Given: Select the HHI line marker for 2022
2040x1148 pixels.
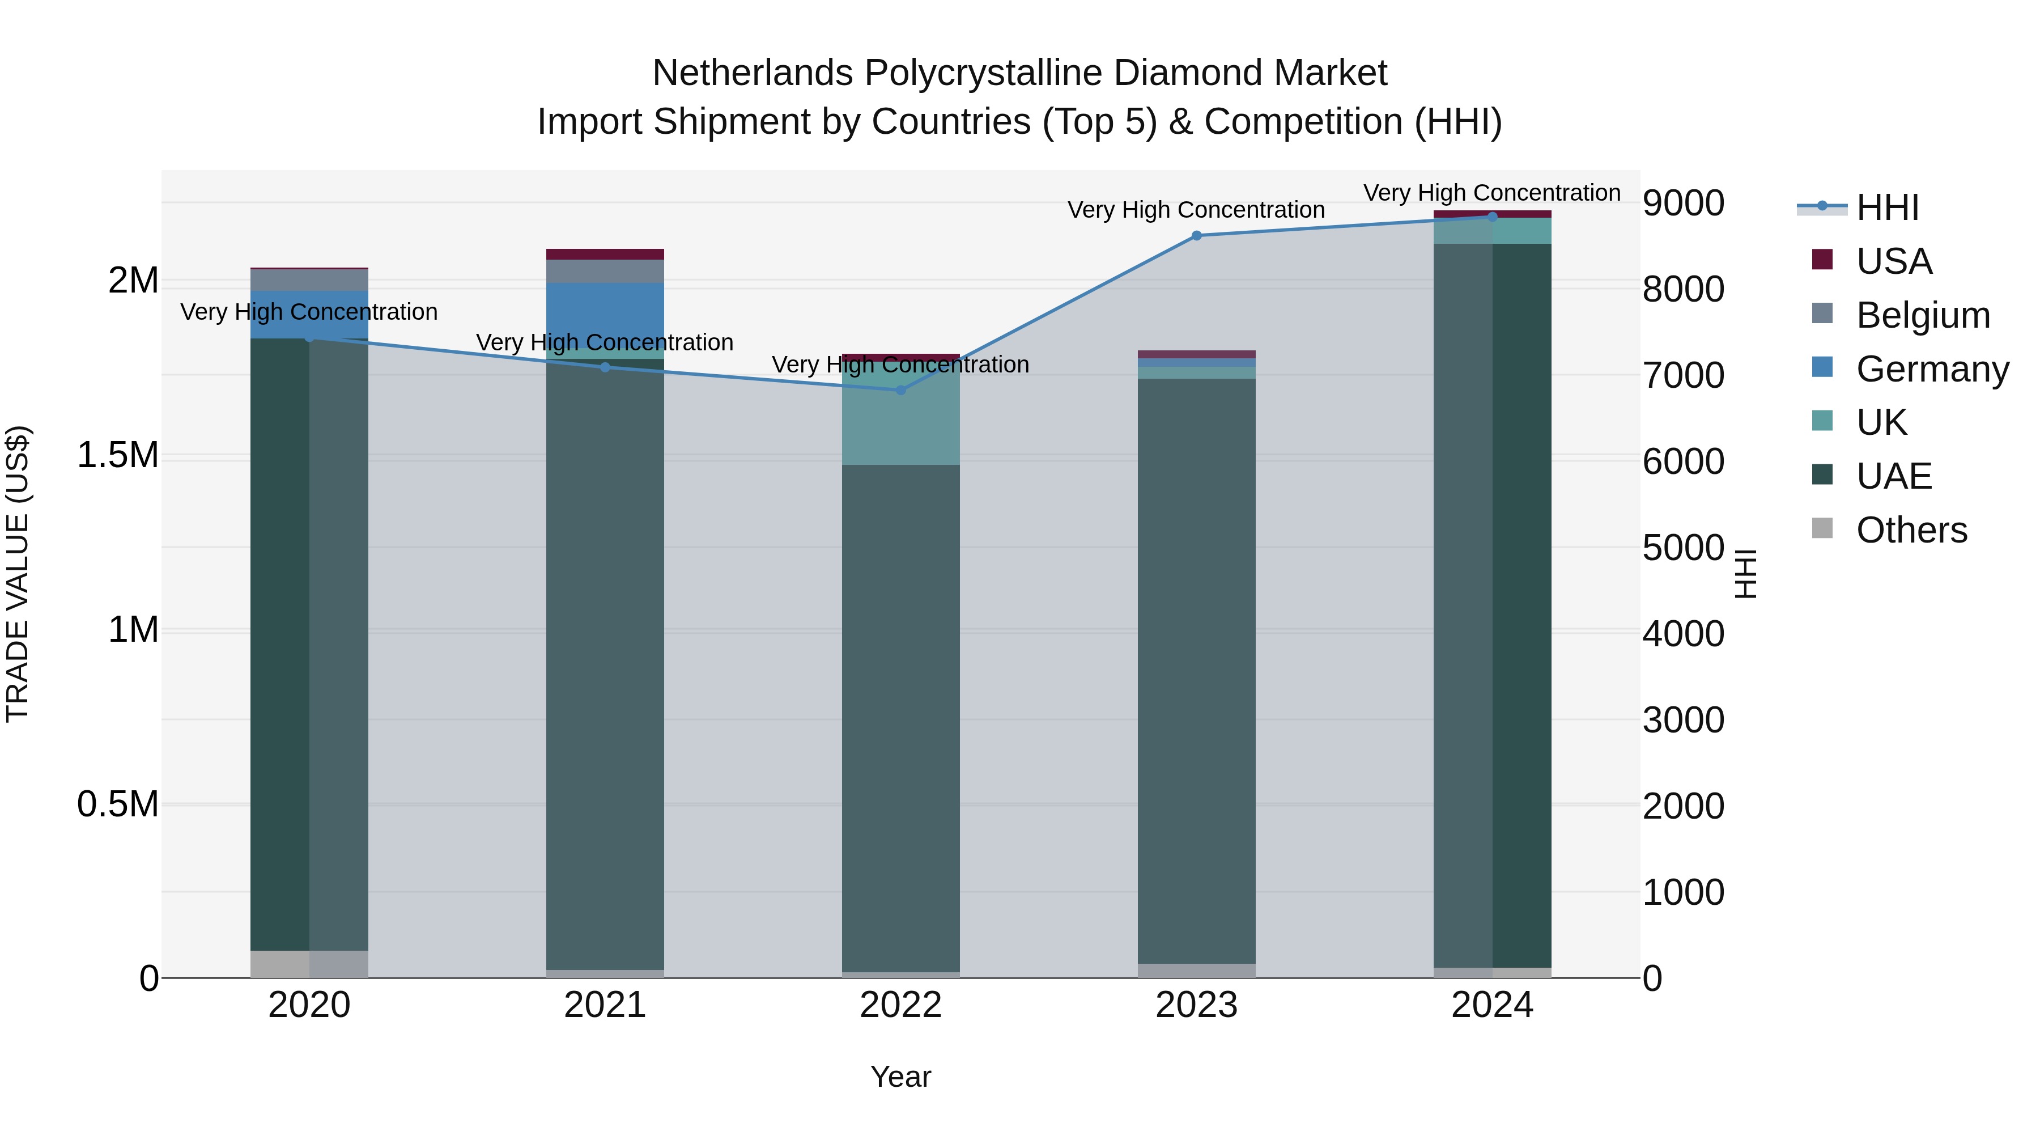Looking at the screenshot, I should click(x=900, y=390).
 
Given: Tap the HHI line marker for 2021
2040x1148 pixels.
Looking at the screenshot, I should click(x=605, y=367).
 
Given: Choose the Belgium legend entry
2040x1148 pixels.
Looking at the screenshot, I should click(x=1922, y=315).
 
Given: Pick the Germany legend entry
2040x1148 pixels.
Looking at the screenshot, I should click(x=1932, y=369).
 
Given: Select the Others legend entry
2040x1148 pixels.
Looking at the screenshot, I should click(x=1911, y=530).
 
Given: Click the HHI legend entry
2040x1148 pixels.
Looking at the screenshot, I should click(x=1886, y=207).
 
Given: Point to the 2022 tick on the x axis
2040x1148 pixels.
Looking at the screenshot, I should click(x=900, y=1005).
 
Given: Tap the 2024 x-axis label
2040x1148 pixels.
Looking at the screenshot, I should click(x=1492, y=1005).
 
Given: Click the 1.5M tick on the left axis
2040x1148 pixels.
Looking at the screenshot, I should click(x=117, y=456).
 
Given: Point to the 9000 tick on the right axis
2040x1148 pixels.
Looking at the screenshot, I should click(x=1684, y=204).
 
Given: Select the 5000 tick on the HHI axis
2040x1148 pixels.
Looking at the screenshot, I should click(x=1684, y=548).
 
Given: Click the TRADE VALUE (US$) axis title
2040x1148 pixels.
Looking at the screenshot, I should click(x=18, y=574).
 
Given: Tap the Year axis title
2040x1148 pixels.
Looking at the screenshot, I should click(x=900, y=1077).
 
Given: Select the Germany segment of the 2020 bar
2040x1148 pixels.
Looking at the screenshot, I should click(x=309, y=315).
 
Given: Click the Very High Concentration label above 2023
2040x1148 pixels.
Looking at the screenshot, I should click(x=1196, y=210).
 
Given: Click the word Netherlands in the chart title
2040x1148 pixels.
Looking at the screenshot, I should click(x=753, y=73).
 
